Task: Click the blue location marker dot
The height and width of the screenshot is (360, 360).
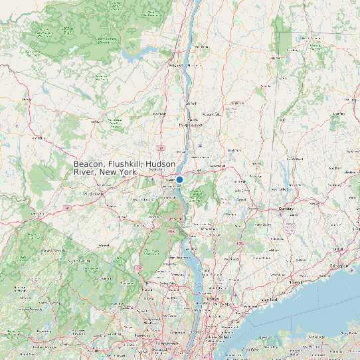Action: [179, 179]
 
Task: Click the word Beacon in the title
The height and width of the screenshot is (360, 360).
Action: [89, 164]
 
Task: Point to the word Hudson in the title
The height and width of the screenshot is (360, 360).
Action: [161, 164]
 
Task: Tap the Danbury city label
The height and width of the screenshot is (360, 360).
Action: [286, 208]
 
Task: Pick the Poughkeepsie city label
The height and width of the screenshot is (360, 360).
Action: [191, 125]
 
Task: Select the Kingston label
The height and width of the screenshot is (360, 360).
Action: [178, 66]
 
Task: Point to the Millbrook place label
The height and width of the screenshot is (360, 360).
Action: [234, 104]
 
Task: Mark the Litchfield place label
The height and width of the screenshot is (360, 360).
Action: [339, 114]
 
